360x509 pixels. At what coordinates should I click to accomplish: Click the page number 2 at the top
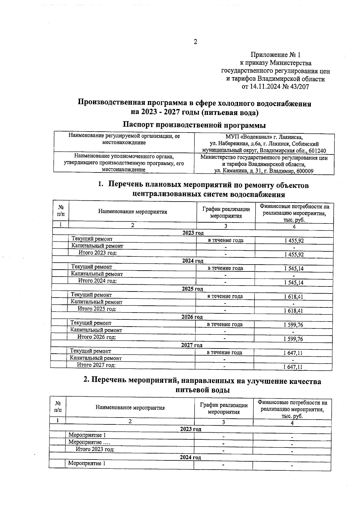pyautogui.click(x=195, y=42)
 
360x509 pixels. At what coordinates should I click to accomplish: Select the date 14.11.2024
pyautogui.click(x=264, y=87)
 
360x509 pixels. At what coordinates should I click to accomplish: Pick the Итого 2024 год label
pyautogui.click(x=97, y=281)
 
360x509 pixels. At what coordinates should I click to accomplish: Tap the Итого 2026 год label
pyautogui.click(x=97, y=337)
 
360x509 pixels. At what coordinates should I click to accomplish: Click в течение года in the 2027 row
pyautogui.click(x=224, y=352)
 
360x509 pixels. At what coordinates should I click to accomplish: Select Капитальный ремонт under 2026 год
pyautogui.click(x=96, y=330)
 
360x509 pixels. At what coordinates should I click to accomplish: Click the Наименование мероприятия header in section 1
pyautogui.click(x=133, y=212)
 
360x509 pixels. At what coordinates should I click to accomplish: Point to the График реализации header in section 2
pyautogui.click(x=224, y=408)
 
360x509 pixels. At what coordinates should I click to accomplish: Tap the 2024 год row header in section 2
pyautogui.click(x=190, y=457)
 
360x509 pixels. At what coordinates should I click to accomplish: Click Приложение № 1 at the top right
pyautogui.click(x=275, y=55)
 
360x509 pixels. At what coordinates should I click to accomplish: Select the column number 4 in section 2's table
pyautogui.click(x=292, y=423)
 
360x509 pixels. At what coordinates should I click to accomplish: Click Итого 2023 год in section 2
pyautogui.click(x=95, y=449)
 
